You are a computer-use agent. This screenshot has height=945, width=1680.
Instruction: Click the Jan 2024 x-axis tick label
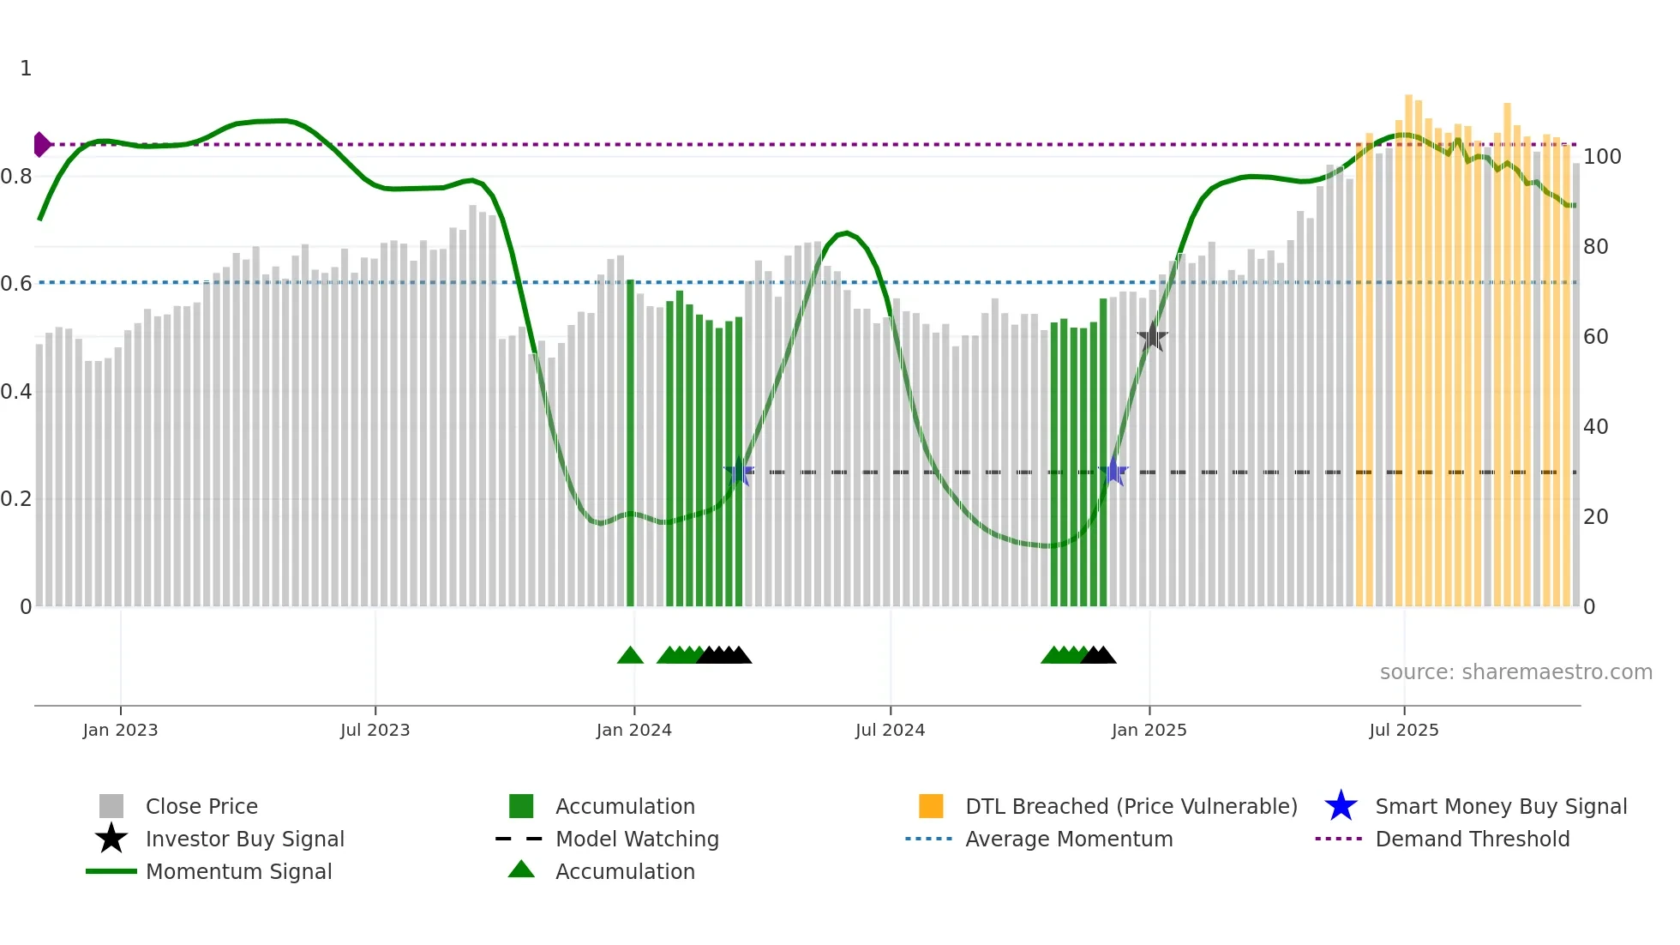(x=633, y=730)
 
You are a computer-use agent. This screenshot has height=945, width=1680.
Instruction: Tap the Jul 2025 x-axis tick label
(x=1403, y=730)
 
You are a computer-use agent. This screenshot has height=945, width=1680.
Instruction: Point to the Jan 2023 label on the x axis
(x=120, y=730)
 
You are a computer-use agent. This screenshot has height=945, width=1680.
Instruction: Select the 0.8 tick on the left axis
(x=16, y=177)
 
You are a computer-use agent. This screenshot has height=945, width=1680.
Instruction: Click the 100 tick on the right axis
(x=1601, y=157)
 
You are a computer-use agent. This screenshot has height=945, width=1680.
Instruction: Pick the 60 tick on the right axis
(x=1595, y=337)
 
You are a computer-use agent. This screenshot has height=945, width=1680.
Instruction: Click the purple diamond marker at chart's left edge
(x=41, y=145)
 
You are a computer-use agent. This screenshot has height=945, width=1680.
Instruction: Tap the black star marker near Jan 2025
(x=1152, y=337)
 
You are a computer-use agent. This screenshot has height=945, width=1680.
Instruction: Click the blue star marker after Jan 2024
(x=738, y=472)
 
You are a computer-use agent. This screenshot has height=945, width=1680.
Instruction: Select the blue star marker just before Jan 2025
(x=1113, y=472)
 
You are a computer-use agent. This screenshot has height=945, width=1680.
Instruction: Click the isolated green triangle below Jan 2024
(x=630, y=656)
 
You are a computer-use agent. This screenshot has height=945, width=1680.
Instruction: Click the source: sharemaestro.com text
(x=1515, y=672)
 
